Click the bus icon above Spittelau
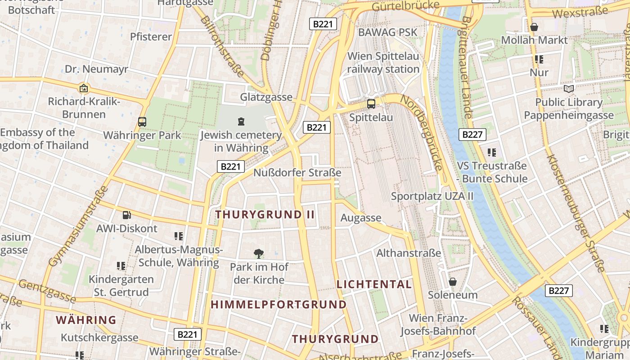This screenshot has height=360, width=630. (371, 104)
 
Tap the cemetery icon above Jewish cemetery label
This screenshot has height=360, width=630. (241, 121)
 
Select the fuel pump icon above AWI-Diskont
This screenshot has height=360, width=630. (127, 215)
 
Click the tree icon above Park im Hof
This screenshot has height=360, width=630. (259, 254)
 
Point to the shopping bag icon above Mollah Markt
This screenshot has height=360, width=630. (534, 27)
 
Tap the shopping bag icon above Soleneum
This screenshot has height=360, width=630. (452, 282)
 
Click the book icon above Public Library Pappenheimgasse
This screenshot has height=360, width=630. (569, 89)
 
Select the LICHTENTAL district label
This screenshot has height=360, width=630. (374, 284)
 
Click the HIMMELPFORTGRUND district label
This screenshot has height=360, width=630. (279, 305)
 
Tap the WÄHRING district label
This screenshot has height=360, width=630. (86, 320)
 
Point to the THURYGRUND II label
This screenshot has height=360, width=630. (265, 215)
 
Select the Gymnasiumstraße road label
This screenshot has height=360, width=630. (78, 226)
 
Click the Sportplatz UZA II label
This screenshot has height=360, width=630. (432, 196)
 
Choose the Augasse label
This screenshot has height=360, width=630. (361, 218)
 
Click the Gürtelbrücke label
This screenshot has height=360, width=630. (405, 5)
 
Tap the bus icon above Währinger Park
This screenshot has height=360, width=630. (142, 121)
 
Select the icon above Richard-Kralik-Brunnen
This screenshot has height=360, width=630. (84, 88)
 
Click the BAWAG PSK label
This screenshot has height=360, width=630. (388, 32)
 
